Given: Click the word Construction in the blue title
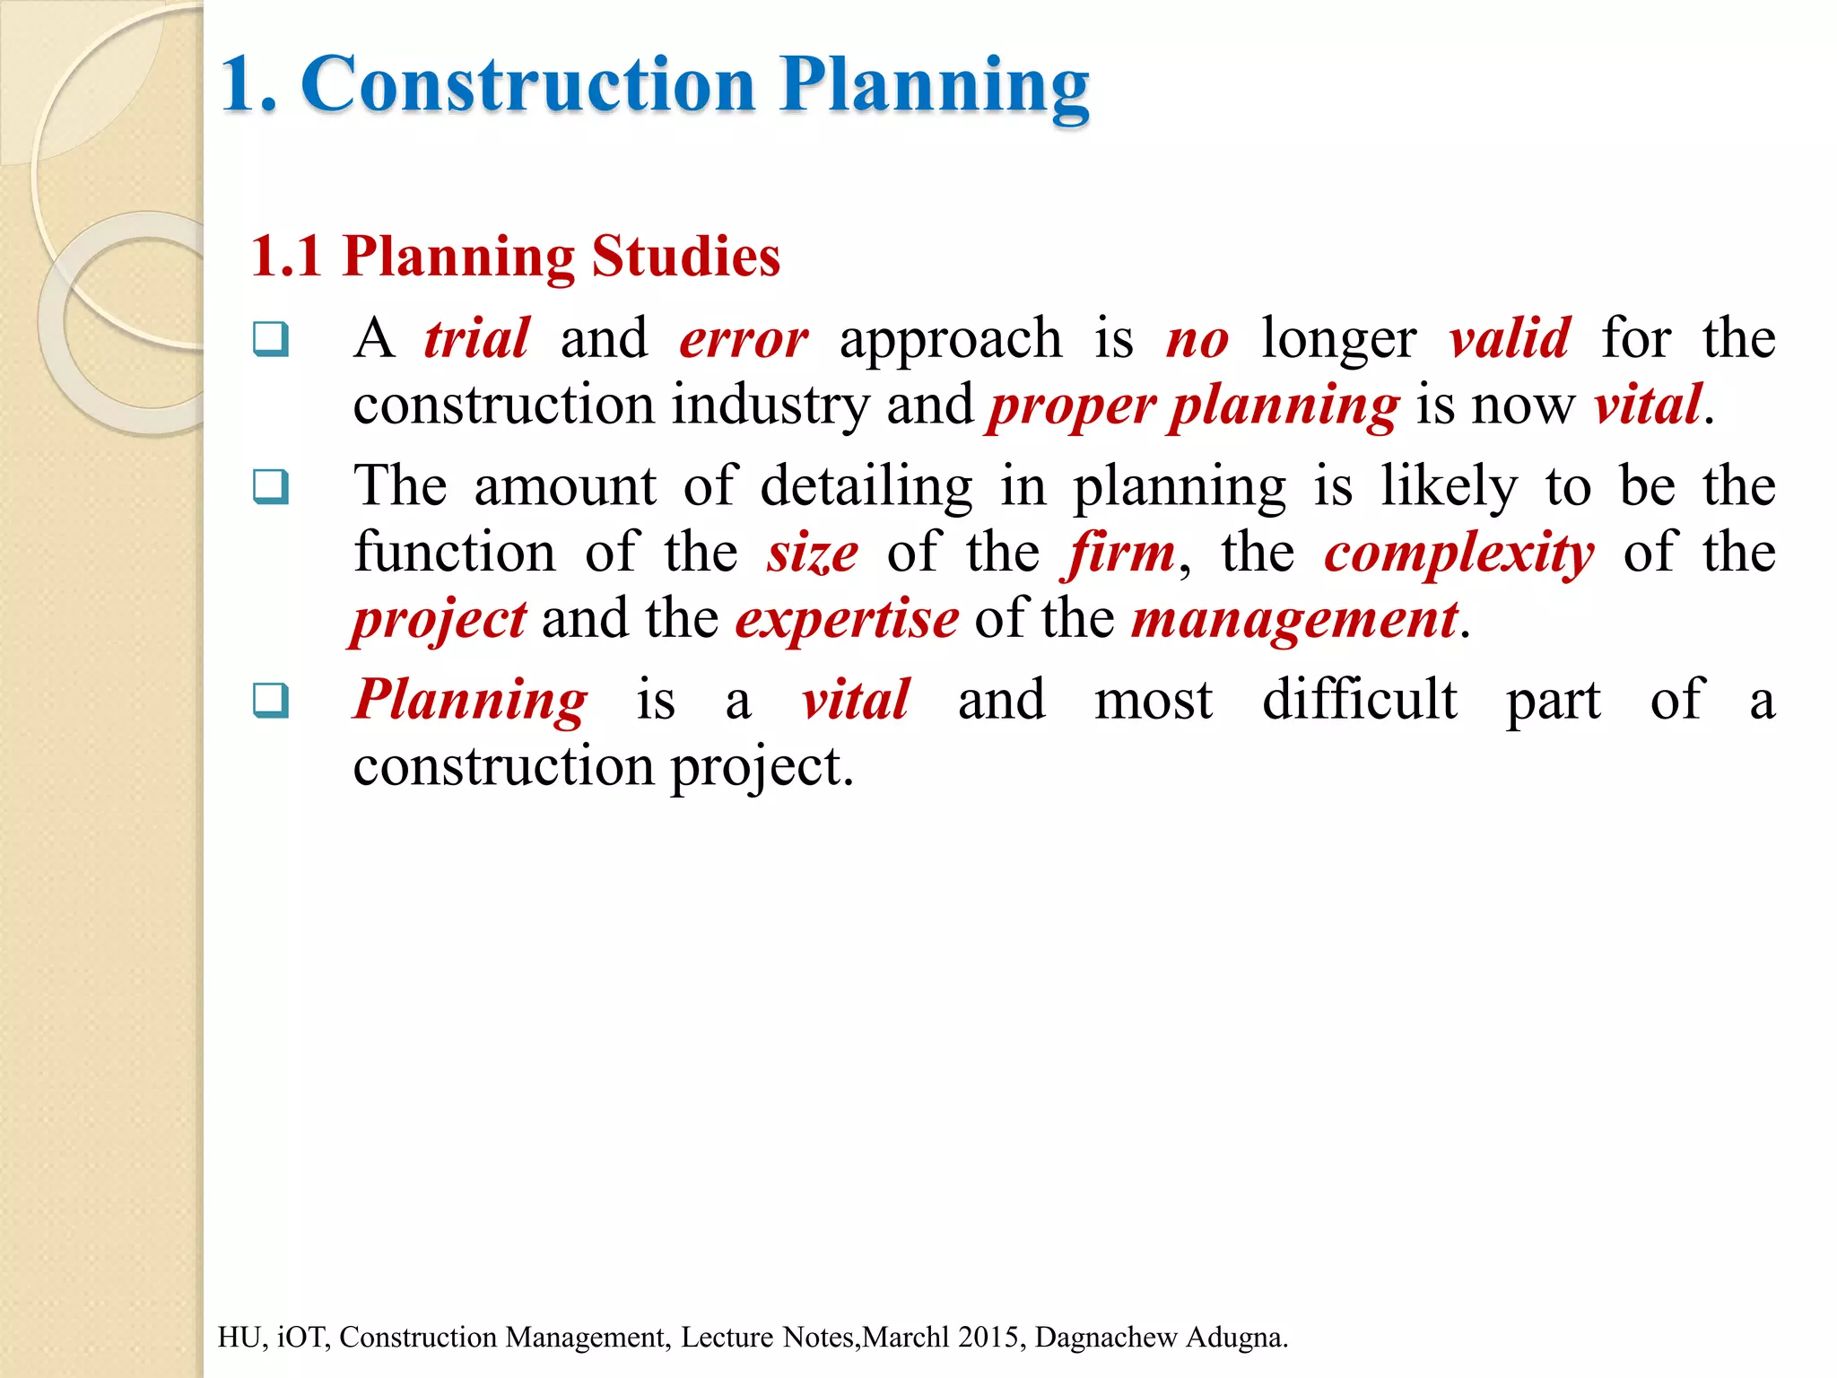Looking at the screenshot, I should click(x=529, y=85).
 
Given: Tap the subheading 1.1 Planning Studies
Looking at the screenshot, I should click(x=515, y=257).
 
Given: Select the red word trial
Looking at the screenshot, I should click(x=477, y=339).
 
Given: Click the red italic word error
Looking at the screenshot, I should click(x=744, y=340).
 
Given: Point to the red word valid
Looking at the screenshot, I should click(x=1510, y=339).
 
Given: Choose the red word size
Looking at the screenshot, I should click(x=813, y=553).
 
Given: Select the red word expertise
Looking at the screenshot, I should click(x=847, y=619).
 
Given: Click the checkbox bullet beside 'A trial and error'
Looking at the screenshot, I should click(x=271, y=339).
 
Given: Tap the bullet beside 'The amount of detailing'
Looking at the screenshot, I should click(x=271, y=486).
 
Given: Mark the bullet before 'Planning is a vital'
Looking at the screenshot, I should click(x=271, y=700).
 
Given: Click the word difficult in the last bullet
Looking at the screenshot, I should click(x=1360, y=700).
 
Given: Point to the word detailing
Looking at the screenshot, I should click(x=866, y=487).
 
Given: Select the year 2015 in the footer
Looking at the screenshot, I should click(x=991, y=1337).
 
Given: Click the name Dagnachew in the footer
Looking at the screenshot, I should click(x=1106, y=1337).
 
